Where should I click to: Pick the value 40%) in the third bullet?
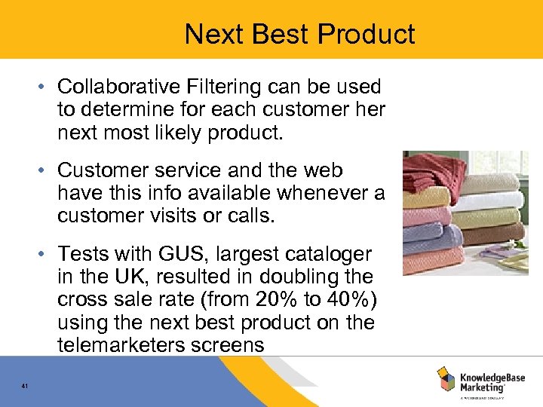[x=345, y=300]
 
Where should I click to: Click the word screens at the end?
[x=230, y=345]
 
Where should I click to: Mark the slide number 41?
[x=25, y=387]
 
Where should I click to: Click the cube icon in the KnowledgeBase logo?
[x=446, y=379]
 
